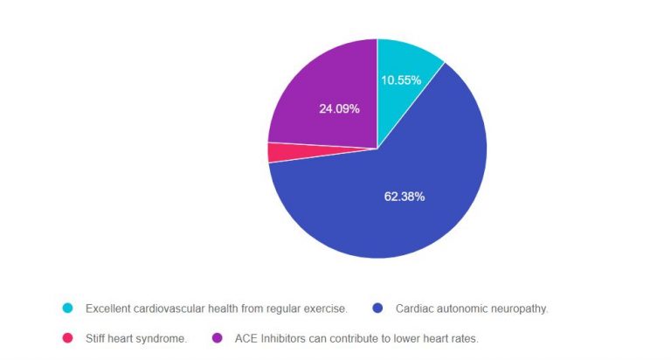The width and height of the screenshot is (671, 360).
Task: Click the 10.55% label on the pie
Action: point(401,80)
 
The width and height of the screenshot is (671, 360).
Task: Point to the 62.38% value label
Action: point(405,197)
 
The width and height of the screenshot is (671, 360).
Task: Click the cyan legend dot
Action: point(67,308)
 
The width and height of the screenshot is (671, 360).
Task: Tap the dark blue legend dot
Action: point(377,308)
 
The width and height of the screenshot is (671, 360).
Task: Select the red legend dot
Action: point(67,338)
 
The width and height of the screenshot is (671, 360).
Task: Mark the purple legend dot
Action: point(217,338)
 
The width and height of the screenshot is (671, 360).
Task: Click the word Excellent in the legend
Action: point(109,308)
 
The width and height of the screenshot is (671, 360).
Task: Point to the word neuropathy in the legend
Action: point(519,308)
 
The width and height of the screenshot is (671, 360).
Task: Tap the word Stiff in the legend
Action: point(96,338)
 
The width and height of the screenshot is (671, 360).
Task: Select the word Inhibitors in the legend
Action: point(286,338)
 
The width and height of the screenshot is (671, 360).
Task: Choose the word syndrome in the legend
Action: point(163,338)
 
